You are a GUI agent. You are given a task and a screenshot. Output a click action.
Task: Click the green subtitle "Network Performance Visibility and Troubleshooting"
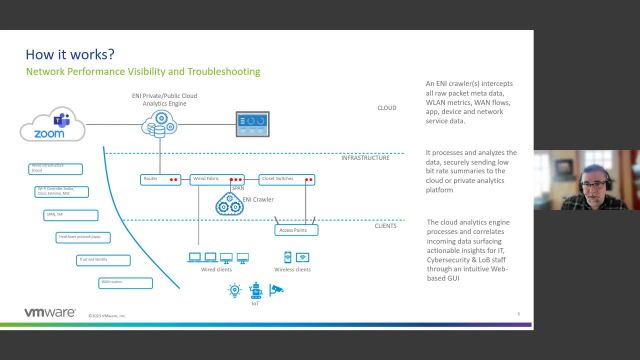(x=143, y=72)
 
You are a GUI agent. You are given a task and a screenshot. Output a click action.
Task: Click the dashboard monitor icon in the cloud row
(x=252, y=124)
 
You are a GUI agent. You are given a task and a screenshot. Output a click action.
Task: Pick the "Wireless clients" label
(x=292, y=269)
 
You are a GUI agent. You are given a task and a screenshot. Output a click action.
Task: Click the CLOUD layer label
(x=386, y=107)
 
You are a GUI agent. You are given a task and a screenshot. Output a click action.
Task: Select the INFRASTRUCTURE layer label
(x=365, y=158)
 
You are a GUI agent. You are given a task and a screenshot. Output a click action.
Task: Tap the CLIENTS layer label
(x=384, y=226)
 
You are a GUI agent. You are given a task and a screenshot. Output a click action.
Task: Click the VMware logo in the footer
(x=49, y=313)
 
